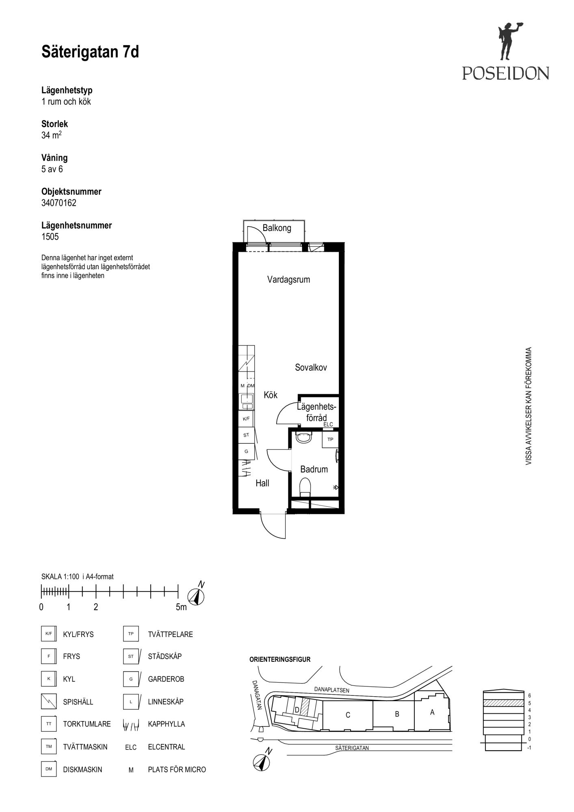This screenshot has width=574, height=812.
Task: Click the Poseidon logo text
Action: click(505, 73)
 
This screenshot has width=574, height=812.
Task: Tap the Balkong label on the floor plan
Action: click(277, 228)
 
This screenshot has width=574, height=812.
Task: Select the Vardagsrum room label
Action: click(288, 279)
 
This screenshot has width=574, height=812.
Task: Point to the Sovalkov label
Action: click(311, 367)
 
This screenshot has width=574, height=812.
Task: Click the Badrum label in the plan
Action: click(314, 469)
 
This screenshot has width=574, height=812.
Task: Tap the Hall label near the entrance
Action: click(262, 483)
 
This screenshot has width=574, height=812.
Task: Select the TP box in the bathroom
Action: click(330, 440)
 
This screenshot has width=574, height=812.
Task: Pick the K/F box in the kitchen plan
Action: click(246, 419)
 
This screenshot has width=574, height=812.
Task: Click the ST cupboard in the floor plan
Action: click(246, 435)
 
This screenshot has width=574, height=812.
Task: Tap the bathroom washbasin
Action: click(304, 437)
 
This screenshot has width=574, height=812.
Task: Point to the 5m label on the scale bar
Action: click(181, 607)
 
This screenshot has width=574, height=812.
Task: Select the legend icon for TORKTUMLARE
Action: click(49, 724)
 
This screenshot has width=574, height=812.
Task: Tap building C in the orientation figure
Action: click(348, 715)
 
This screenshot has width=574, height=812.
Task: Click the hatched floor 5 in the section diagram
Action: click(503, 703)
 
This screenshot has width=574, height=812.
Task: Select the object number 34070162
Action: click(59, 203)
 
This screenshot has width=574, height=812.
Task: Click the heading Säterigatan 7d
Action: click(90, 52)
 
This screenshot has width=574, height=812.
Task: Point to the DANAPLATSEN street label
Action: click(331, 689)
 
